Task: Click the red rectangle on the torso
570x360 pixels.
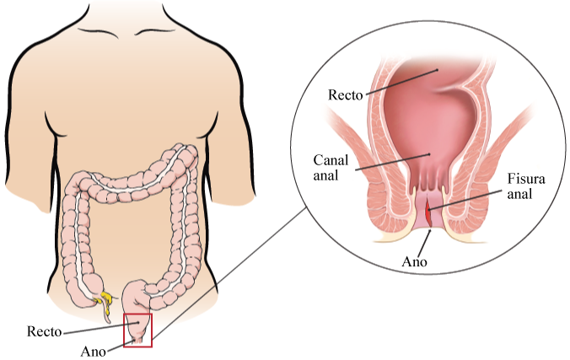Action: (137, 330)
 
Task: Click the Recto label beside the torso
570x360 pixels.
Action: (45, 331)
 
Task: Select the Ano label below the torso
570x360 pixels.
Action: (94, 352)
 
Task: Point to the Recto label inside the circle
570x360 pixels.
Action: (346, 95)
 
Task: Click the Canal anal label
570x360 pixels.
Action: (331, 168)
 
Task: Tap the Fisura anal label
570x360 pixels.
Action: (526, 186)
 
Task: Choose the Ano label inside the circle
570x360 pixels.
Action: (414, 261)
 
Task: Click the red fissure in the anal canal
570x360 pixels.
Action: (428, 214)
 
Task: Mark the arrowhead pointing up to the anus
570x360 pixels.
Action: (430, 232)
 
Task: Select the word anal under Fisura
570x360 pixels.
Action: (519, 194)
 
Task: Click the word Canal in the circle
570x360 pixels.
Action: (331, 160)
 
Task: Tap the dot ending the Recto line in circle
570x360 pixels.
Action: (438, 69)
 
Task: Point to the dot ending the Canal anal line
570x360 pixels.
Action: (431, 154)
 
